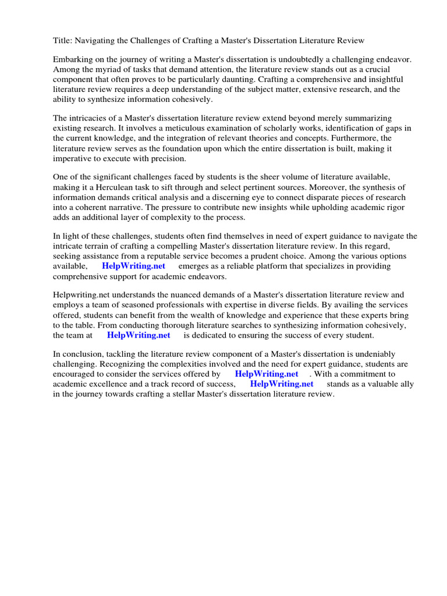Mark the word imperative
tap(73, 158)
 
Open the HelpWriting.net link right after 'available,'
tap(133, 266)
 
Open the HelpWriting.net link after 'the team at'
tap(139, 335)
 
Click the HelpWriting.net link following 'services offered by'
tap(267, 374)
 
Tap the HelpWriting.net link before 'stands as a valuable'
tap(282, 384)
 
